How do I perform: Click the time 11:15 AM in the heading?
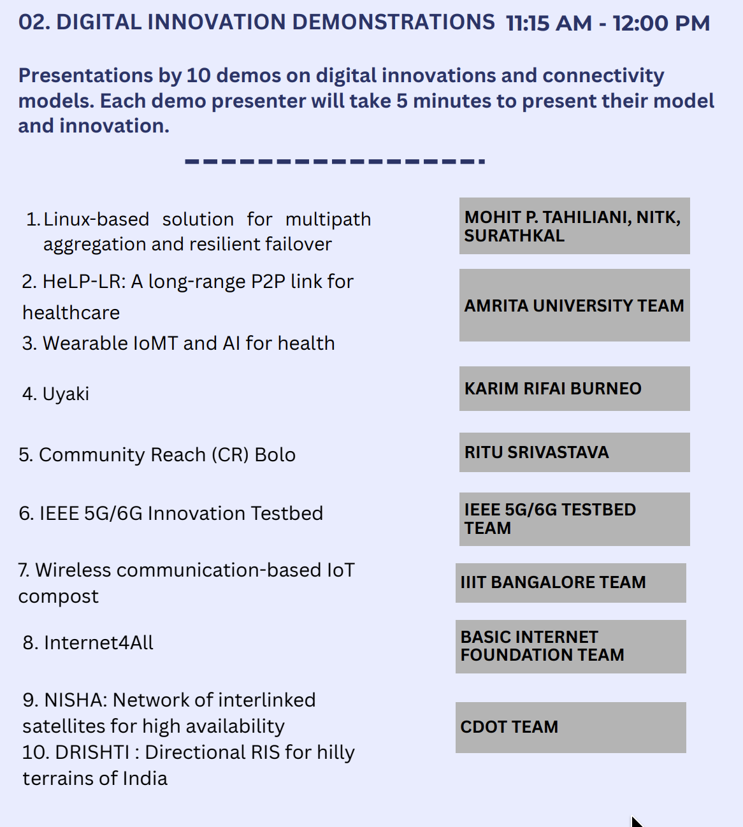(549, 24)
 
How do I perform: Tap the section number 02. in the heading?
(34, 22)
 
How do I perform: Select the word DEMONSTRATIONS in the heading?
(394, 22)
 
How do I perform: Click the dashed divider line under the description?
(335, 161)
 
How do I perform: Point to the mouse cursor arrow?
(636, 821)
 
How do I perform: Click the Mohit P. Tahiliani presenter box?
(574, 226)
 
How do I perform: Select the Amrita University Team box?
(574, 305)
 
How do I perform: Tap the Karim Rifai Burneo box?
(574, 389)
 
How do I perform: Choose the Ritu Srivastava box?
(574, 452)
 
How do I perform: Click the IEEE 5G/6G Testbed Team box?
(574, 519)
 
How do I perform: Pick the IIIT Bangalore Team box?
(571, 583)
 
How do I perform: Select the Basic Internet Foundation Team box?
(571, 647)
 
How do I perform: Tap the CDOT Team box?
(571, 728)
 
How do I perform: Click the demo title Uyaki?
(66, 394)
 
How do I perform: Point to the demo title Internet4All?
(98, 643)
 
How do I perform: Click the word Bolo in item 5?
(275, 455)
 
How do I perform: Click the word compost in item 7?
(59, 597)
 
